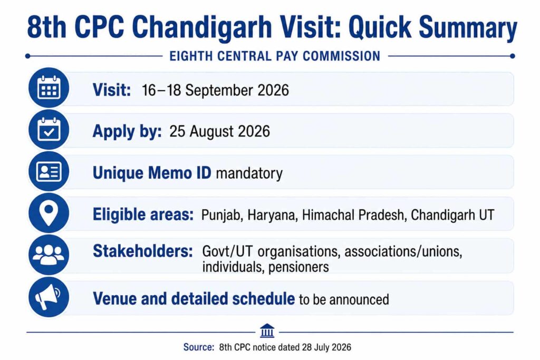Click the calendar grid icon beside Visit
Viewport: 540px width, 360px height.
pyautogui.click(x=49, y=88)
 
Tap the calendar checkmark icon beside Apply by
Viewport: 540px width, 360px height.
pyautogui.click(x=49, y=130)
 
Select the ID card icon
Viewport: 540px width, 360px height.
pyautogui.click(x=49, y=171)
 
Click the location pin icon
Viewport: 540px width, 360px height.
pyautogui.click(x=49, y=213)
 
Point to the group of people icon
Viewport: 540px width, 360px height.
pyautogui.click(x=49, y=255)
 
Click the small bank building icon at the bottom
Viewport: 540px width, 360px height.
pyautogui.click(x=267, y=330)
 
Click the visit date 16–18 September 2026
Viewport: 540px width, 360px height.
pyautogui.click(x=215, y=90)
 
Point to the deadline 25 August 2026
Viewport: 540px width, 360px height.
pyautogui.click(x=219, y=131)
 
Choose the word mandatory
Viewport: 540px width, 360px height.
pyautogui.click(x=249, y=173)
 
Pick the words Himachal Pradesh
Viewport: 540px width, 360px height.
pyautogui.click(x=353, y=215)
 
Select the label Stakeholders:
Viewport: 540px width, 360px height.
pyautogui.click(x=143, y=251)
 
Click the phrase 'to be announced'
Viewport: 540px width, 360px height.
pyautogui.click(x=344, y=299)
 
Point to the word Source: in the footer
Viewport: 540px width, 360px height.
pyautogui.click(x=199, y=347)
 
